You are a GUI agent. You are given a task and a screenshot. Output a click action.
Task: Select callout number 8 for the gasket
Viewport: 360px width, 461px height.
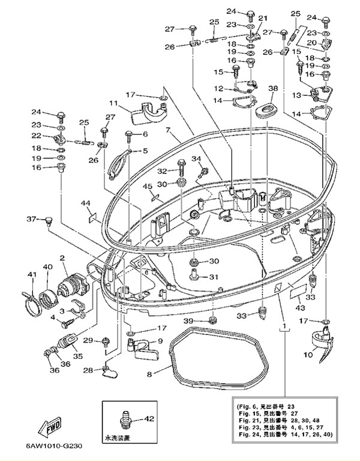149,375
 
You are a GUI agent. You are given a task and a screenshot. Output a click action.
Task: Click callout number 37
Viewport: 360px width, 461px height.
31,218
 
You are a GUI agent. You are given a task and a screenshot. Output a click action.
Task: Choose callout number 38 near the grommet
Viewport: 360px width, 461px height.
273,88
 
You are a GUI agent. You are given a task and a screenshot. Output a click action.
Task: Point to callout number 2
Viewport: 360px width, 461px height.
62,259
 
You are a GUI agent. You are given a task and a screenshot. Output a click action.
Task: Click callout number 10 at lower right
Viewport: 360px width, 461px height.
308,355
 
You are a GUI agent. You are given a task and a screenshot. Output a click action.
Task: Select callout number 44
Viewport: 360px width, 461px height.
85,203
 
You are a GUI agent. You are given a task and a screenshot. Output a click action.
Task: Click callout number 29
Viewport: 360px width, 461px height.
88,341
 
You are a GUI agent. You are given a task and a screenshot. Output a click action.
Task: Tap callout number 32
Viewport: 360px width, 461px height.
162,170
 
